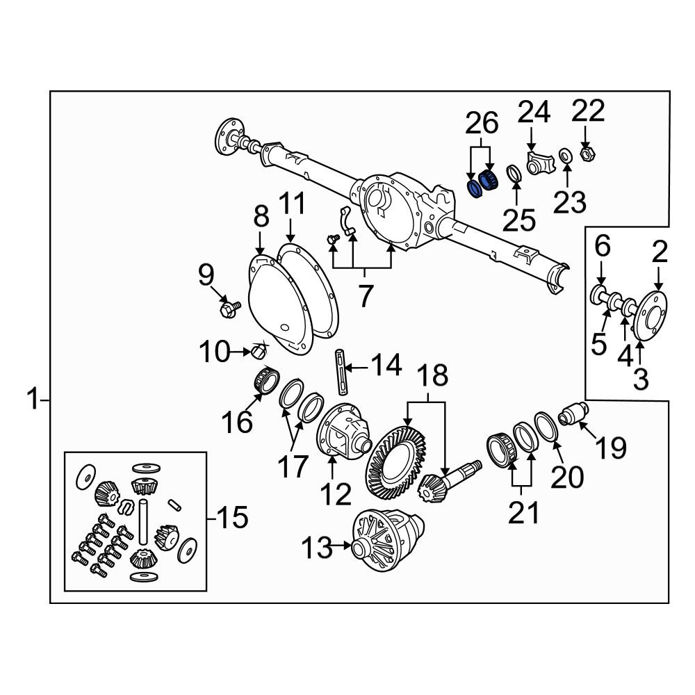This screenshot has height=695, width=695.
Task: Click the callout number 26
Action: click(x=482, y=123)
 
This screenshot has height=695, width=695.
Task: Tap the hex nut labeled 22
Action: click(x=588, y=154)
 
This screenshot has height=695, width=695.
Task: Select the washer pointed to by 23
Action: click(x=565, y=156)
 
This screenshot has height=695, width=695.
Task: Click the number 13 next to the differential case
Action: click(x=316, y=547)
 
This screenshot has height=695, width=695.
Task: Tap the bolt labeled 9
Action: click(x=230, y=309)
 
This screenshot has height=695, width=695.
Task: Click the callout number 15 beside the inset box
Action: click(x=234, y=517)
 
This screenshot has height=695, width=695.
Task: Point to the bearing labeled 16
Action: click(x=266, y=380)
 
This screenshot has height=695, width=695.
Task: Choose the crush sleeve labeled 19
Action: click(x=573, y=414)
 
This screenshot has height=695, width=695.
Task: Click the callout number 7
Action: click(x=365, y=296)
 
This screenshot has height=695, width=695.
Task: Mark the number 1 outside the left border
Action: click(x=33, y=398)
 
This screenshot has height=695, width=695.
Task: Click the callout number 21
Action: click(x=524, y=513)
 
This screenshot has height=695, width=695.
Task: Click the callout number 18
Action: click(x=432, y=375)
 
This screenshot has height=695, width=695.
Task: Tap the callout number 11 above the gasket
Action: click(x=292, y=204)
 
